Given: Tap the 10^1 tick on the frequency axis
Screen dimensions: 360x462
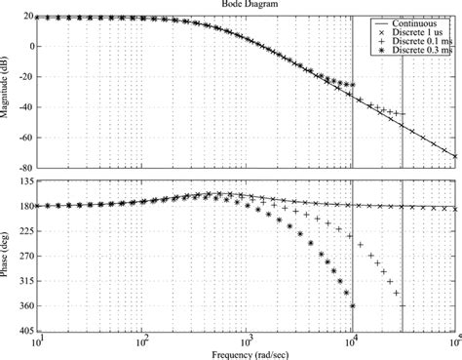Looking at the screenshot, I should click(x=39, y=340).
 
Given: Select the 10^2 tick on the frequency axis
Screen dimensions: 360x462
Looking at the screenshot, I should click(x=143, y=340).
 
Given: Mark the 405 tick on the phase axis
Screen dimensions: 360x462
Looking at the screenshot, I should click(x=27, y=331).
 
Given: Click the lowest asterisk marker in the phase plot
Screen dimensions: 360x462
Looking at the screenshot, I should click(x=352, y=305).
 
